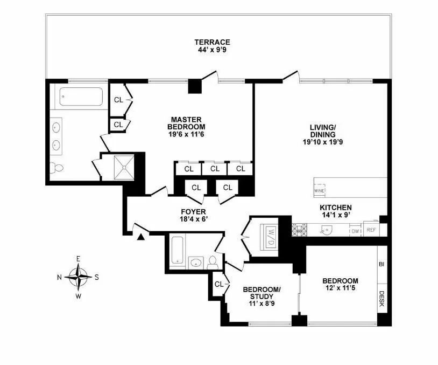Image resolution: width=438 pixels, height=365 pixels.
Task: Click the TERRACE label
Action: tap(212, 42)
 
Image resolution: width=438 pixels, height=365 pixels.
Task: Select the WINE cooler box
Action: tap(318, 190)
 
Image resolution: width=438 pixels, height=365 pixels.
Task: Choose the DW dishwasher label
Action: tap(355, 231)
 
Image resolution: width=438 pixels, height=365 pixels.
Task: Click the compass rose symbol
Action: tap(79, 277)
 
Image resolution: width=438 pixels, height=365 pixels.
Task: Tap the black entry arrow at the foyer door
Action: tap(141, 236)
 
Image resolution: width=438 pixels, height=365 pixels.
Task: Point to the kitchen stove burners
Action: tap(299, 230)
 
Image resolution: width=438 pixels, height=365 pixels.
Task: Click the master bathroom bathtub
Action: tap(81, 97)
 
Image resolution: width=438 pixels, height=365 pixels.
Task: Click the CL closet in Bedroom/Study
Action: tap(219, 284)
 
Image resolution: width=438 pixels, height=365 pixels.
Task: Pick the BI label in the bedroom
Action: tap(382, 265)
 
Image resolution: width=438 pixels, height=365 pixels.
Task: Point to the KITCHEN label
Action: tap(336, 208)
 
